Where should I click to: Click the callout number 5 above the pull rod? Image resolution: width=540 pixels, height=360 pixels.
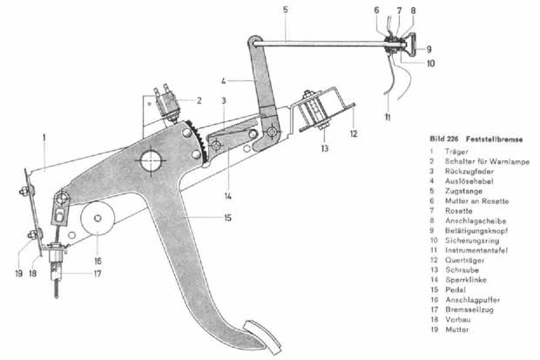[286, 10]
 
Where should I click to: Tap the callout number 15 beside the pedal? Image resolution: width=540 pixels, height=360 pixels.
[227, 218]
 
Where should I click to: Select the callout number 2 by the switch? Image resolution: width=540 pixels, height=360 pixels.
[199, 101]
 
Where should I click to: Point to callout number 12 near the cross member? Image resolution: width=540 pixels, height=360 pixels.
[354, 133]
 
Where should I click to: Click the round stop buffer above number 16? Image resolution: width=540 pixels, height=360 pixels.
[98, 218]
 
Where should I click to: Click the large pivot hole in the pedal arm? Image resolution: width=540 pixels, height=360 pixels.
[151, 160]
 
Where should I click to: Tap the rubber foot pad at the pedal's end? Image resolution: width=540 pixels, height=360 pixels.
[263, 336]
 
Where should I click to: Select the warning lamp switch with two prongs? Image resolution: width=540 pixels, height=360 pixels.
[168, 104]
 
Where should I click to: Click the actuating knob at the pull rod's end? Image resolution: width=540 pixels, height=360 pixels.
[410, 44]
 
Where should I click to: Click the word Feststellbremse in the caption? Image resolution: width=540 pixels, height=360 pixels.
[494, 139]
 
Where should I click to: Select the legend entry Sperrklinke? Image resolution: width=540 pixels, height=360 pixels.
[466, 280]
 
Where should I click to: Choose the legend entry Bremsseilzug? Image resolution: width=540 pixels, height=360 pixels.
[469, 309]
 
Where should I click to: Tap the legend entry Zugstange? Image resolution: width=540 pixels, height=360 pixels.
[463, 191]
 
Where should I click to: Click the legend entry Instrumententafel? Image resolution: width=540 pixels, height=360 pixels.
[476, 250]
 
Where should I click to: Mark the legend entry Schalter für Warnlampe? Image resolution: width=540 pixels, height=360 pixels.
[488, 161]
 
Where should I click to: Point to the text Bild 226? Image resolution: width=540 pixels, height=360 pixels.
[444, 139]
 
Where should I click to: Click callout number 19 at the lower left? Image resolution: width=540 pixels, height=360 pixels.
[18, 274]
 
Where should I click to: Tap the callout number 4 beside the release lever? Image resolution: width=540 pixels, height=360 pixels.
[224, 81]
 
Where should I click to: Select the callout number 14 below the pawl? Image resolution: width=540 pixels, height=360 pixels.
[227, 196]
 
